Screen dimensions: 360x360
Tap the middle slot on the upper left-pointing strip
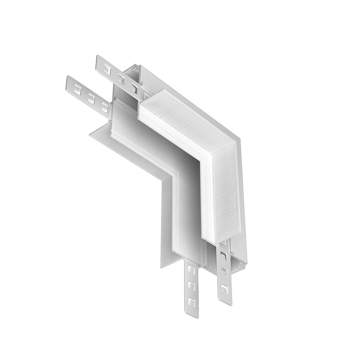[x=122, y=78]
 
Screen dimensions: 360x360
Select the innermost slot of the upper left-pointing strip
[x=134, y=88]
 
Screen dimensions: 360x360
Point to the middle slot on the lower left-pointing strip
[x=91, y=97]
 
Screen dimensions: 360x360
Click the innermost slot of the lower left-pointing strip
[x=104, y=106]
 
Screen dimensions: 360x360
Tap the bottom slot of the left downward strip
[x=192, y=301]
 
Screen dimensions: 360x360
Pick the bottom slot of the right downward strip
[x=223, y=290]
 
